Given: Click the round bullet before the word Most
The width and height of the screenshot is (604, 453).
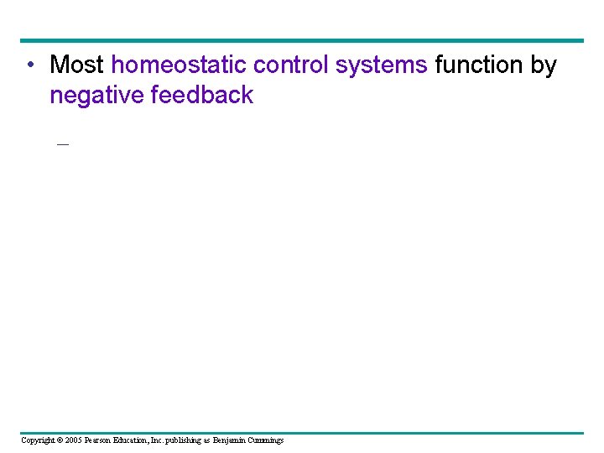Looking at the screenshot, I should point(29,65).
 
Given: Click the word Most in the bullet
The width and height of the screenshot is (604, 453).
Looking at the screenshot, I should point(77,65).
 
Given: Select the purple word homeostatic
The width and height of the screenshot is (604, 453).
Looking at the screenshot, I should point(179,65).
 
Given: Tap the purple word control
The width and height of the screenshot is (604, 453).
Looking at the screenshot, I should point(290,65).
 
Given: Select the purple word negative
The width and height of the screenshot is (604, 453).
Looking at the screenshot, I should point(96,95).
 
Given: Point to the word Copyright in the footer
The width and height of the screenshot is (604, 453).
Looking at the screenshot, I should point(39,440).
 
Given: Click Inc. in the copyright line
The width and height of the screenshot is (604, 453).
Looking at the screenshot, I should point(167,440).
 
